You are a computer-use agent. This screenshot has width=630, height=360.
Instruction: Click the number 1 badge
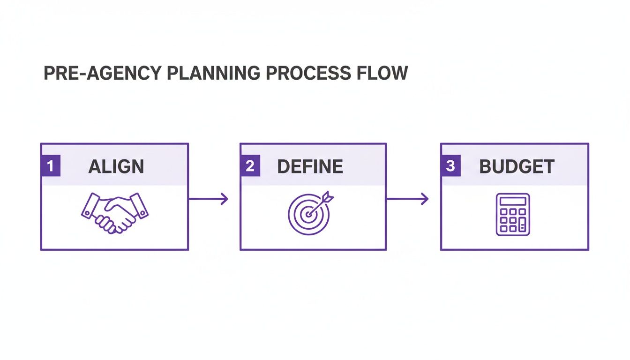tap(51, 167)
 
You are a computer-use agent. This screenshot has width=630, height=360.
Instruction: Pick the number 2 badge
tap(250, 167)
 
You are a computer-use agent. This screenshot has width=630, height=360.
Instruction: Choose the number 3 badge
tap(450, 167)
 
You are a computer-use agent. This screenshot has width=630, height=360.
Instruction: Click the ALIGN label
tap(116, 167)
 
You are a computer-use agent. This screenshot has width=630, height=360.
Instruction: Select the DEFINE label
tap(310, 167)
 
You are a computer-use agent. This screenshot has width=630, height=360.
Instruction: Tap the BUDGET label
tap(517, 167)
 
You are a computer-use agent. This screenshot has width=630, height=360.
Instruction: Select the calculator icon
tap(513, 214)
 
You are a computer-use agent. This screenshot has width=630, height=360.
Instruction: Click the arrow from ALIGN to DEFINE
tap(208, 199)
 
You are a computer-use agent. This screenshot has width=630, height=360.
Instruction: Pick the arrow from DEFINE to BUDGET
tap(407, 199)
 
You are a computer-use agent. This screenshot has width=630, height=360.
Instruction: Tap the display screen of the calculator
tap(513, 201)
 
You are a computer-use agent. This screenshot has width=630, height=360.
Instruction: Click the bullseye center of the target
tap(307, 214)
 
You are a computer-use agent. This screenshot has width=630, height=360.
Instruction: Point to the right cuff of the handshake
tap(140, 207)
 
